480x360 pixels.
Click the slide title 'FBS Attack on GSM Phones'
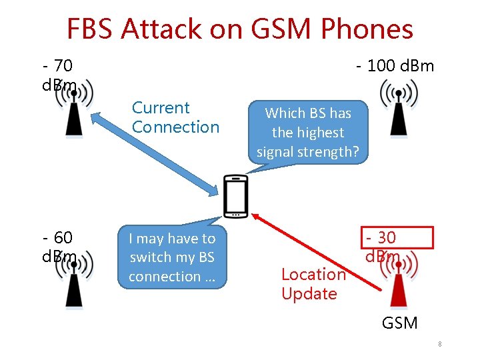pos(240,29)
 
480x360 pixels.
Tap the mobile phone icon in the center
pos(235,196)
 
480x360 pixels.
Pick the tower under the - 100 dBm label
pos(398,110)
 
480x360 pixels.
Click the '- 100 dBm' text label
pos(395,66)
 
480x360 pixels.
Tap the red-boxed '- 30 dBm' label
pos(397,238)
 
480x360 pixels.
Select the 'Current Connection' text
pos(175,117)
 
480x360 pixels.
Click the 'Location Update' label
pos(313,283)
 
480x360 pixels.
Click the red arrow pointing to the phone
pos(313,249)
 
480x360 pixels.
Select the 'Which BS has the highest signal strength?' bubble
pos(308,132)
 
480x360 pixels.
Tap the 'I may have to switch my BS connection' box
pos(172,257)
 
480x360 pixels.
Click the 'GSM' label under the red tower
pos(399,323)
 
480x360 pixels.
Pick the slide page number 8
pos(441,345)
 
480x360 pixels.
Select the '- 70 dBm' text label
pos(59,75)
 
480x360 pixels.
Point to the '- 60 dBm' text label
pos(59,247)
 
